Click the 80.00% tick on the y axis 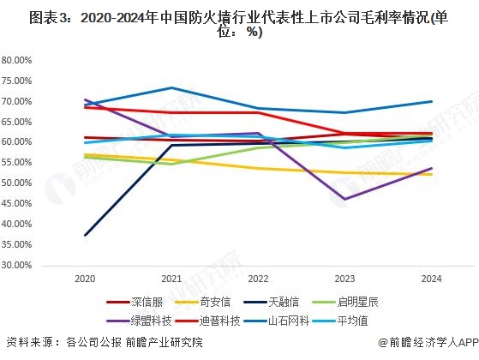tap(17, 61)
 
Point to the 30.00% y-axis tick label tap(17, 266)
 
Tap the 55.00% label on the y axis tap(17, 163)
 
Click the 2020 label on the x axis tap(84, 279)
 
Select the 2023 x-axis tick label tap(345, 279)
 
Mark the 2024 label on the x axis tap(432, 279)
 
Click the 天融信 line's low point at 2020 tap(84, 236)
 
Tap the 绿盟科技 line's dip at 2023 tap(345, 200)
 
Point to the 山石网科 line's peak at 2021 tap(171, 87)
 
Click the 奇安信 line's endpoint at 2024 tap(432, 175)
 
